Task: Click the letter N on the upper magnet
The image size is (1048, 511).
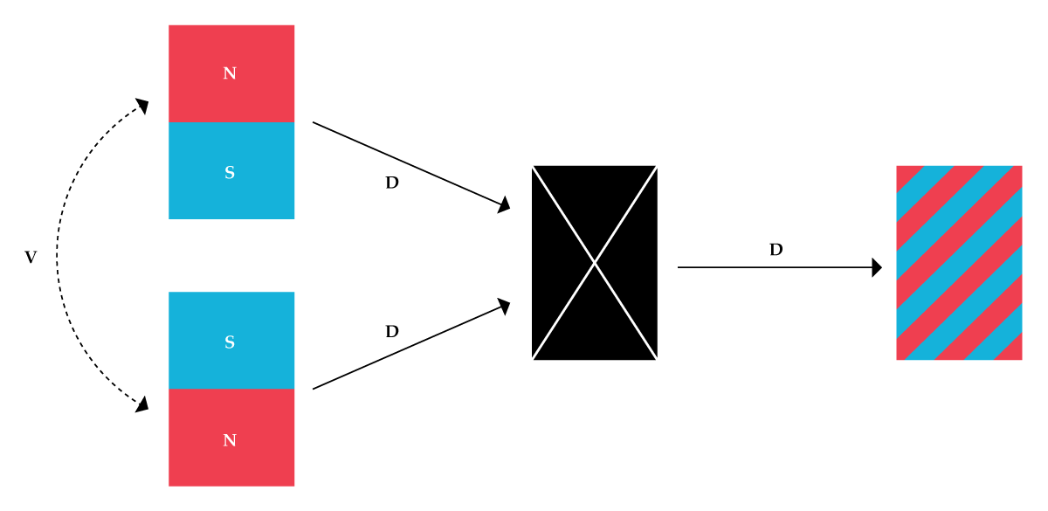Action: (x=230, y=73)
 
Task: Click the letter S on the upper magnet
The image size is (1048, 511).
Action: (x=230, y=173)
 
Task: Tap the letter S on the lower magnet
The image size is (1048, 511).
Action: (x=230, y=342)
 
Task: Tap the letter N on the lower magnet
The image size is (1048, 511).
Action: (x=230, y=440)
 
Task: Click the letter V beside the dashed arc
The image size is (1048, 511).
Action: (x=31, y=258)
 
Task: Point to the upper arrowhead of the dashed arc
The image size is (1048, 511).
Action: (x=141, y=107)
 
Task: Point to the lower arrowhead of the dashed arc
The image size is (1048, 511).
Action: (x=141, y=404)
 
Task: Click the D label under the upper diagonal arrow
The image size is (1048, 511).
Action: (x=392, y=183)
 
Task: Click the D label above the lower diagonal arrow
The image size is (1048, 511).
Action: (x=392, y=332)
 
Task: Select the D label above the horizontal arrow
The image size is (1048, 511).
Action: (x=776, y=250)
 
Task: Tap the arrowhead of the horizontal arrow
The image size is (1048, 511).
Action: (x=877, y=267)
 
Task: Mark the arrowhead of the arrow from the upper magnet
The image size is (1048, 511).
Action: (x=503, y=206)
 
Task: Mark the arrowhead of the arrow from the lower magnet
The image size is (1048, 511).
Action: (x=503, y=305)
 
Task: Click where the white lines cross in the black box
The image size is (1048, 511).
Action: (x=595, y=262)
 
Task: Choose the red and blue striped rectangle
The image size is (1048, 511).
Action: (x=959, y=262)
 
